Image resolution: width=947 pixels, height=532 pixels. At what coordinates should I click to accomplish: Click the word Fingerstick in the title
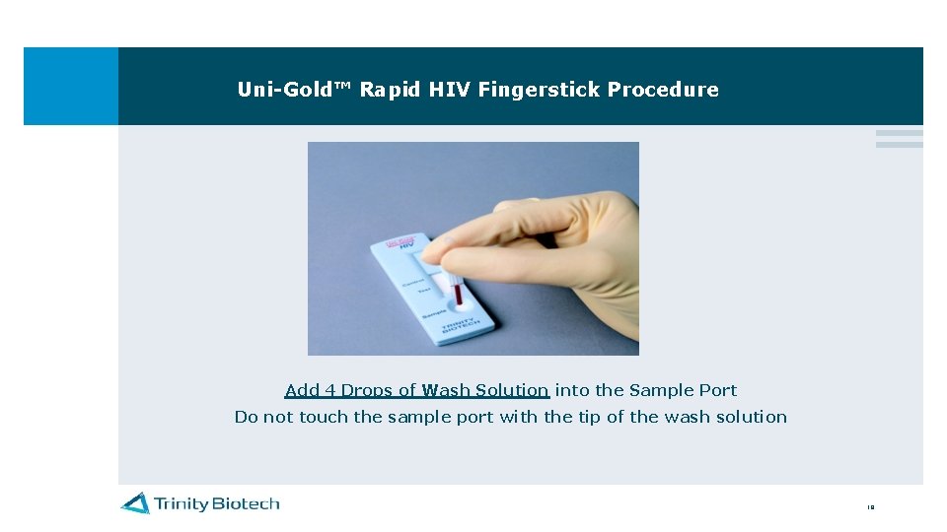point(540,90)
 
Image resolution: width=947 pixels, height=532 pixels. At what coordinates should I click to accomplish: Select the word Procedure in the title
point(663,90)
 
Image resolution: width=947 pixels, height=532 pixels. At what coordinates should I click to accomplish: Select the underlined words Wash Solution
point(484,390)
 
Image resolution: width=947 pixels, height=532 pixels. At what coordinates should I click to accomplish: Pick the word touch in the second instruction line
point(323,417)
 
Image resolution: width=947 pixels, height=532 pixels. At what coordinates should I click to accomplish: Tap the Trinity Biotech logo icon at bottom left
point(135,503)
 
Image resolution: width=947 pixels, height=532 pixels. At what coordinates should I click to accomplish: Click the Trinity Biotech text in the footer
point(216,503)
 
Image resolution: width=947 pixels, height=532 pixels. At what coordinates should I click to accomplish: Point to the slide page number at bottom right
point(870,508)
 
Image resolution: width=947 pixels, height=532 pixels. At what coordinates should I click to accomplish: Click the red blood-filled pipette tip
point(458,294)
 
